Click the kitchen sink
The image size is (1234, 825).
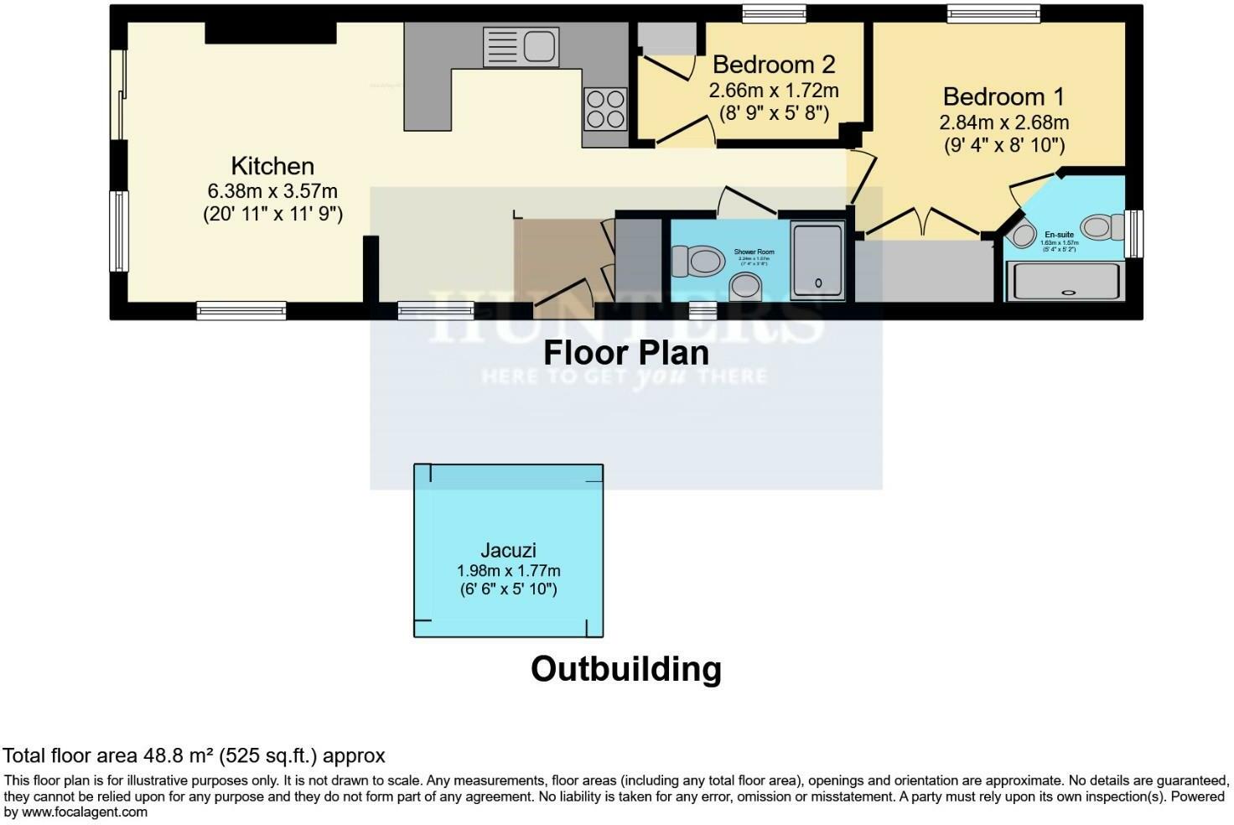521,47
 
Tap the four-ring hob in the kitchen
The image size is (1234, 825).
605,109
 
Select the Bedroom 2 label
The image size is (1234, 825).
774,65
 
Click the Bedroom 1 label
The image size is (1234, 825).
1003,96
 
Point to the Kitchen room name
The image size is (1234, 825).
272,166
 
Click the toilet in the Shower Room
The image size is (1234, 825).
698,261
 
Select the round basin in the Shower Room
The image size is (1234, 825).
744,288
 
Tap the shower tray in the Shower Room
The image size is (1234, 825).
817,261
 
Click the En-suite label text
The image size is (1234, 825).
1058,235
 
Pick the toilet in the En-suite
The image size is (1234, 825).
1103,227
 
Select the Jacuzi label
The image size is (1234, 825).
508,551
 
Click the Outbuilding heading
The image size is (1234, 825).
625,669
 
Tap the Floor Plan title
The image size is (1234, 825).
625,353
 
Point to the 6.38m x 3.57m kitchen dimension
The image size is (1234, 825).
272,191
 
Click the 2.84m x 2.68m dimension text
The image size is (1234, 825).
1003,122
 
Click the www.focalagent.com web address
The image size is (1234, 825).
84,812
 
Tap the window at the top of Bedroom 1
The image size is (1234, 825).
993,13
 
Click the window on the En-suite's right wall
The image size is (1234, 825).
1134,234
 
